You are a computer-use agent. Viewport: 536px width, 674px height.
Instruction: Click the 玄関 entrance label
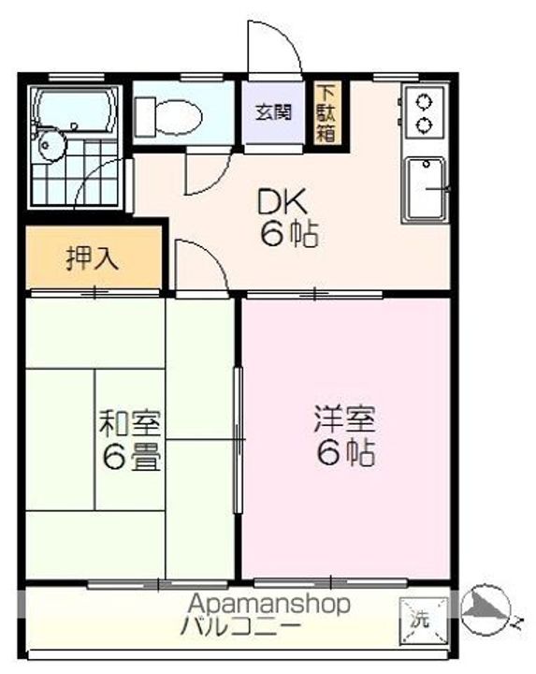273,112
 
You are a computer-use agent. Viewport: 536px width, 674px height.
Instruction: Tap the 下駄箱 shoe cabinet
326,112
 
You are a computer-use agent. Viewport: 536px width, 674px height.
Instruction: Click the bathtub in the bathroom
75,110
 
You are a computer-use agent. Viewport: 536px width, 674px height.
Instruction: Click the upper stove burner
425,102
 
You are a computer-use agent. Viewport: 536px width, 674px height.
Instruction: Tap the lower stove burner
425,125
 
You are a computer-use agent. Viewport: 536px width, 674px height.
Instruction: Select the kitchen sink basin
426,188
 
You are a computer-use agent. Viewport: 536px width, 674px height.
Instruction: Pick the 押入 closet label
93,258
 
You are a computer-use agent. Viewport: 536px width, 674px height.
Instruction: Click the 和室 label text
130,422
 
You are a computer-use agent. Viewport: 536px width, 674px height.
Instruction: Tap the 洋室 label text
345,418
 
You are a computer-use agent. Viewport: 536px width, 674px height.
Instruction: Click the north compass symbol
486,610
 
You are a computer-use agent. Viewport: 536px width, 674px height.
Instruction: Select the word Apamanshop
269,604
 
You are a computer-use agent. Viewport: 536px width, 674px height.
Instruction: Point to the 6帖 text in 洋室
346,453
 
